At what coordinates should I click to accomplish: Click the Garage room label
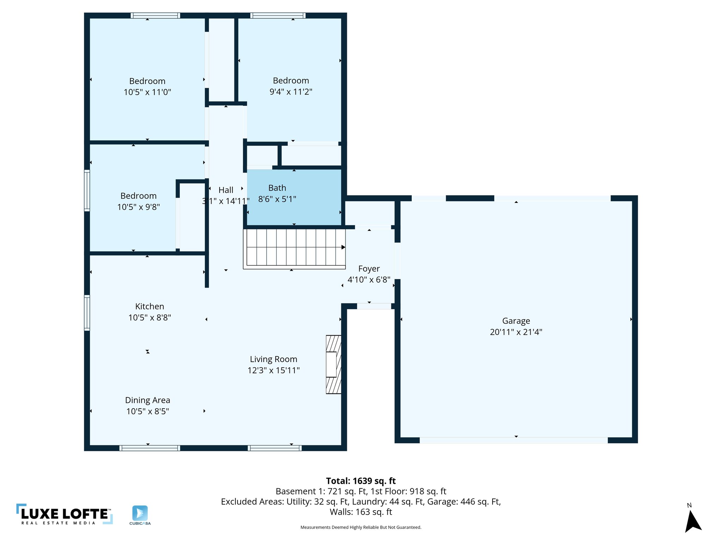(516, 321)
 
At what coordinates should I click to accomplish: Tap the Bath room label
(277, 188)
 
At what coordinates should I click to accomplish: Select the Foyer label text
(369, 269)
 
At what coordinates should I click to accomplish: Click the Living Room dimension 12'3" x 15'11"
(274, 370)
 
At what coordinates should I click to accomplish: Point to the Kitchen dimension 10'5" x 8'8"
(149, 318)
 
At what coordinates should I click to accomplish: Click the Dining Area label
(147, 400)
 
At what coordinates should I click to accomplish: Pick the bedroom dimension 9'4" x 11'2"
(291, 92)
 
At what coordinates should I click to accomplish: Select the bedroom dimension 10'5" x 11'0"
(147, 92)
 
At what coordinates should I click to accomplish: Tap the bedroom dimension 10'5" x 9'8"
(139, 207)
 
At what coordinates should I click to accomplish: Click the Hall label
(226, 190)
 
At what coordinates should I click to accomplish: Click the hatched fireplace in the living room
(334, 364)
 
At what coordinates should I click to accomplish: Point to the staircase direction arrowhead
(343, 247)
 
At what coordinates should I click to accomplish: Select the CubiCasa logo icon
(140, 513)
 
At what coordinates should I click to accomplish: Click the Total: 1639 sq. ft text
(361, 481)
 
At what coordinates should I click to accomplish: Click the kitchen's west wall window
(87, 313)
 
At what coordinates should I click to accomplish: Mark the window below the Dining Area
(149, 448)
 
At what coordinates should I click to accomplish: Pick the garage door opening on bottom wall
(513, 440)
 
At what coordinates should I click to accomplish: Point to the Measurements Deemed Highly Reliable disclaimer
(361, 527)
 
